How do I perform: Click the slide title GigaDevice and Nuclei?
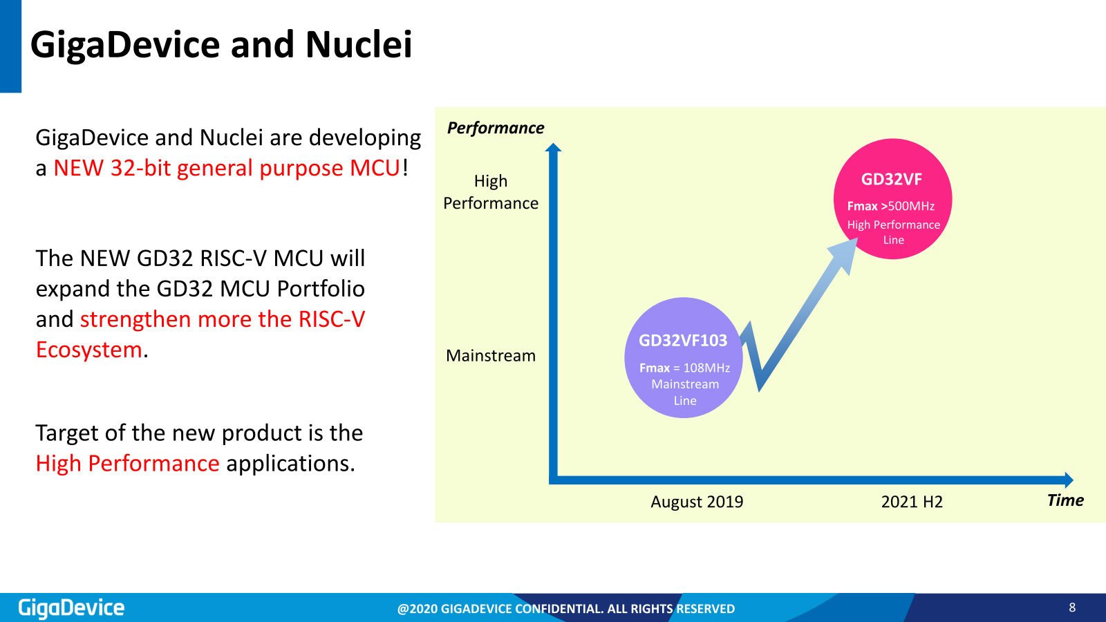221,44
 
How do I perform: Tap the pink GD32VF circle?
892,198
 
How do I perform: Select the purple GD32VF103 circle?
684,357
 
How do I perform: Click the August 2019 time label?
697,502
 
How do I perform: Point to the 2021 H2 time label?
912,502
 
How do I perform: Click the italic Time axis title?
1065,500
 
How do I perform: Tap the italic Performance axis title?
495,128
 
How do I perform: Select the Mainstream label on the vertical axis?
490,355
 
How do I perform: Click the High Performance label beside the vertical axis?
491,192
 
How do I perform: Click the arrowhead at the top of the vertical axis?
554,148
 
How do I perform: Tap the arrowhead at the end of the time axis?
1069,480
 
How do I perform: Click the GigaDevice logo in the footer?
71,608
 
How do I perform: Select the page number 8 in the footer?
1072,607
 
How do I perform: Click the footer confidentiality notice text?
566,609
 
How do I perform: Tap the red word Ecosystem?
89,350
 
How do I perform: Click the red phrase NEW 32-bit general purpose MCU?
227,168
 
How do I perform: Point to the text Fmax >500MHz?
891,206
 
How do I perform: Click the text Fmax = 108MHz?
684,368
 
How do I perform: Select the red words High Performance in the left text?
127,464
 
